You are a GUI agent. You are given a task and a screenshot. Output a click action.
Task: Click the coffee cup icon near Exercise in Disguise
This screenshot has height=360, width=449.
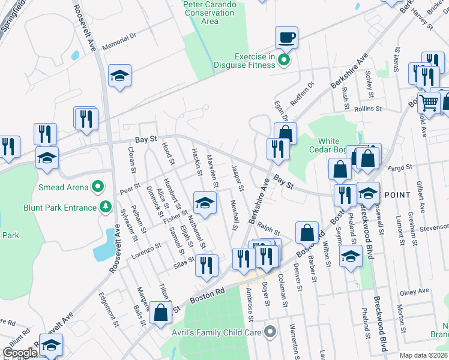(x=286, y=37)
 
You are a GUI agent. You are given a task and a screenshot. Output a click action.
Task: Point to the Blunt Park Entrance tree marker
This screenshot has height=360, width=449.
(x=106, y=207)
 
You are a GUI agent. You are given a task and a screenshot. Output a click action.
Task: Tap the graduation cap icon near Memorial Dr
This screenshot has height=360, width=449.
(x=119, y=76)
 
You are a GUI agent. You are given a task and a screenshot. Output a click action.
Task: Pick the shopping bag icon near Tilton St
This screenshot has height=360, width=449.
(x=161, y=312)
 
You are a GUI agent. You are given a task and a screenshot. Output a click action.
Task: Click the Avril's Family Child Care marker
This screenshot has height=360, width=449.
(x=270, y=331)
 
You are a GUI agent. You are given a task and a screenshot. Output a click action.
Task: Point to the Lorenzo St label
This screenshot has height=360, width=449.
(x=147, y=246)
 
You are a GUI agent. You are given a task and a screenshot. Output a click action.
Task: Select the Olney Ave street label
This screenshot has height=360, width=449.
(x=415, y=292)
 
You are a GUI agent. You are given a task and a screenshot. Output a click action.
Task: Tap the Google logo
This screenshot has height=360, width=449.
(x=20, y=353)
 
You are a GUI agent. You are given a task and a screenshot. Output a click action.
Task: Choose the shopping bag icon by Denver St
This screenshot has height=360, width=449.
(x=307, y=233)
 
